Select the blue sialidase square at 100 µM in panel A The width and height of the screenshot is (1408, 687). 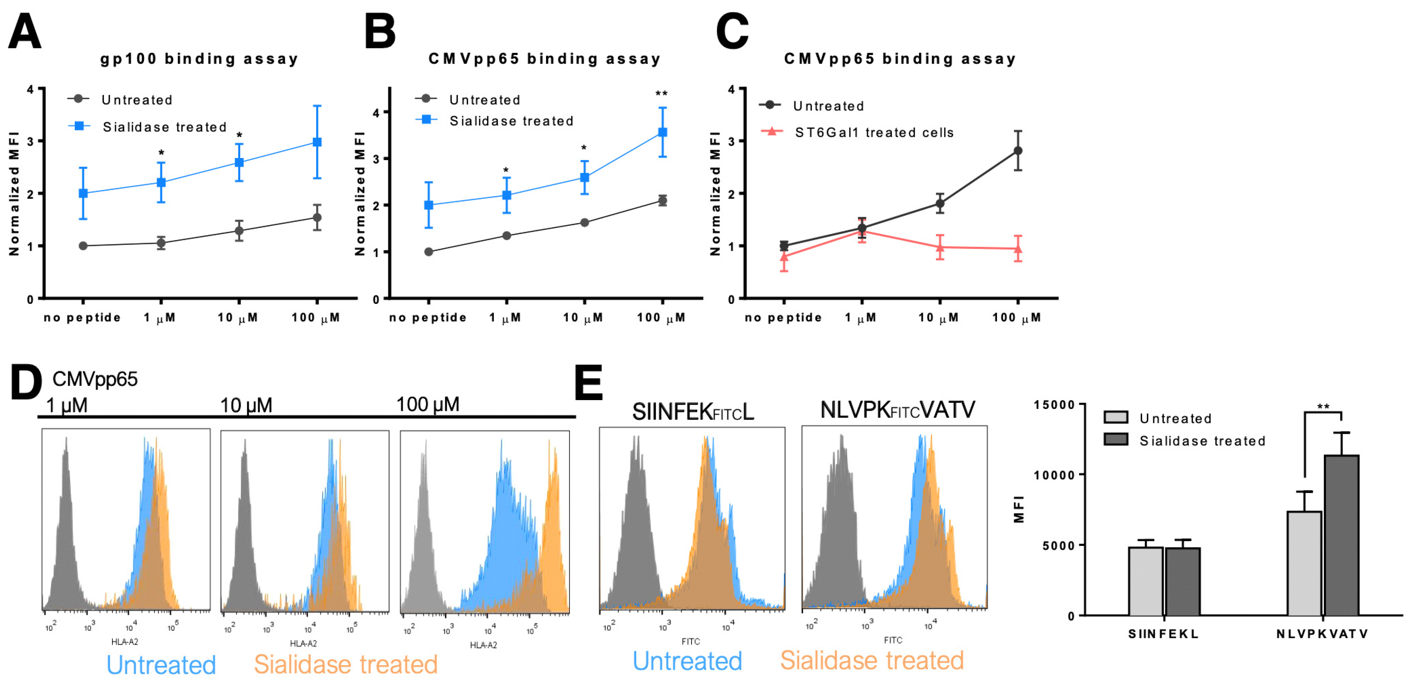[x=317, y=142]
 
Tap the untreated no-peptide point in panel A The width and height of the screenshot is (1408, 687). [x=83, y=246]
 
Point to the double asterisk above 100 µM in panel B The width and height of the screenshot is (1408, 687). [x=661, y=94]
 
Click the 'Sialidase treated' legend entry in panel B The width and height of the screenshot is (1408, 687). [x=511, y=121]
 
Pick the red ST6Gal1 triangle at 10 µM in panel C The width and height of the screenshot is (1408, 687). [x=940, y=247]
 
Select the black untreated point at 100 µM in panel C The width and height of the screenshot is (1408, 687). [x=1018, y=151]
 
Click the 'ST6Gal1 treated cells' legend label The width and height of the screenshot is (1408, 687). [x=873, y=133]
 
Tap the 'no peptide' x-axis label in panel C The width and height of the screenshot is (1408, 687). [x=783, y=318]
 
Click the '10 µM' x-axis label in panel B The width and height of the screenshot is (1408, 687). [x=583, y=318]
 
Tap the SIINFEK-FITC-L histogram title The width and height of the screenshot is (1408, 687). [x=693, y=412]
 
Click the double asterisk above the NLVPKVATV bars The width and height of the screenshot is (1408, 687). [x=1323, y=407]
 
